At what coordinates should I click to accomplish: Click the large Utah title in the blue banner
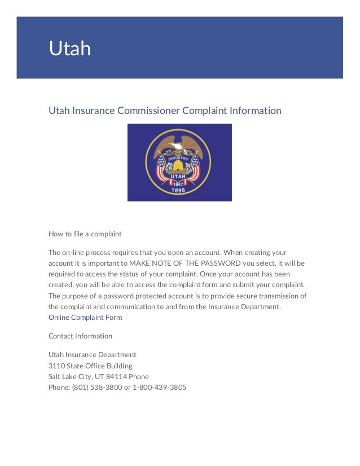[x=69, y=49]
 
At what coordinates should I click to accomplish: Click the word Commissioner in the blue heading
[x=148, y=111]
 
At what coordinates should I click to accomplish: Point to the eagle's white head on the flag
[x=180, y=145]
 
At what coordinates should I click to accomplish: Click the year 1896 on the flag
[x=178, y=191]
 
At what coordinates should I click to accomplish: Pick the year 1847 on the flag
[x=178, y=184]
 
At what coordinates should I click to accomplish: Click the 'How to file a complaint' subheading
[x=85, y=234]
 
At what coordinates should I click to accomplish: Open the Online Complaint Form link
[x=85, y=318]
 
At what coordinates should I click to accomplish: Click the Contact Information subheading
[x=80, y=336]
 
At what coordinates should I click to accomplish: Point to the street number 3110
[x=57, y=366]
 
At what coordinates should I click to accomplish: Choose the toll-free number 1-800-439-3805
[x=159, y=388]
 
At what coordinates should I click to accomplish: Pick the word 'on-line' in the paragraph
[x=75, y=252]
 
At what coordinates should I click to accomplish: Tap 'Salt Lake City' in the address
[x=68, y=376]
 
